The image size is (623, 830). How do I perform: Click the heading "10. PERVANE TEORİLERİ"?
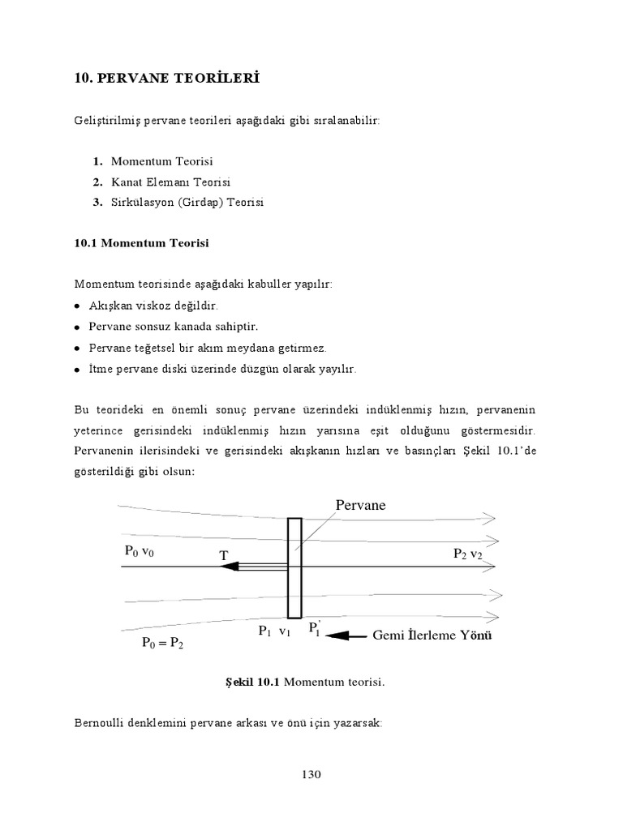(x=166, y=79)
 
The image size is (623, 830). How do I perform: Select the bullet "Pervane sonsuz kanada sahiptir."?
(x=183, y=327)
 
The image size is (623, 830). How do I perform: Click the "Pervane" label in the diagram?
(x=360, y=505)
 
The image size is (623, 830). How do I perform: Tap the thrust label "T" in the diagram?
(x=223, y=556)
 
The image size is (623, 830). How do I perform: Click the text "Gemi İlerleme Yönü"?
(x=432, y=635)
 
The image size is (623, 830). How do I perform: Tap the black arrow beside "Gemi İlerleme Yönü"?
(x=347, y=636)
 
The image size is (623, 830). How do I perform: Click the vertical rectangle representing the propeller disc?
(x=294, y=567)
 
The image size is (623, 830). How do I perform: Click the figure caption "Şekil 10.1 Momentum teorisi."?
(x=304, y=682)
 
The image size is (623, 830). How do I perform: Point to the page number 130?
(x=311, y=774)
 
